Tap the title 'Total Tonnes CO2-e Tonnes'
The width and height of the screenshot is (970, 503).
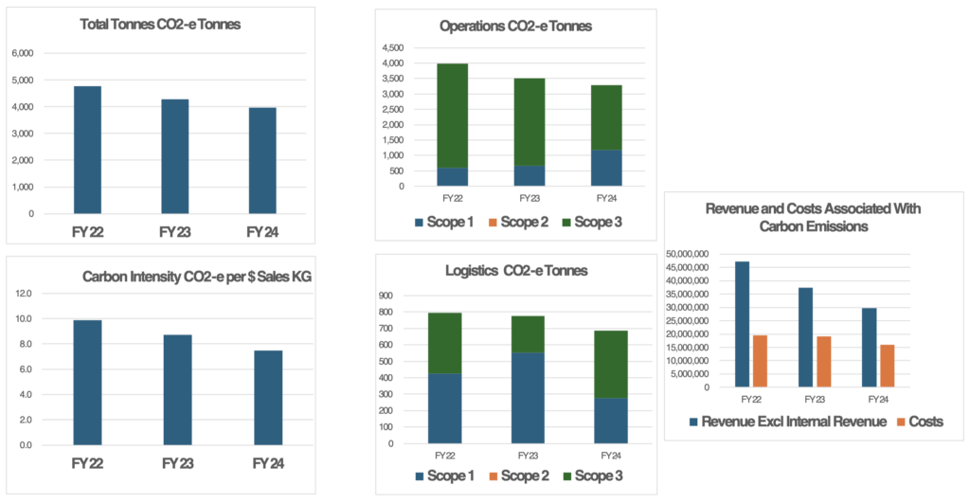pyautogui.click(x=161, y=24)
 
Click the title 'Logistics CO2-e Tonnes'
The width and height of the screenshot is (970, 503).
pyautogui.click(x=517, y=271)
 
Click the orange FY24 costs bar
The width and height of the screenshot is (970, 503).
pyautogui.click(x=887, y=366)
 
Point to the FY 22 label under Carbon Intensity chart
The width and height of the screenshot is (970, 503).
pyautogui.click(x=87, y=463)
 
